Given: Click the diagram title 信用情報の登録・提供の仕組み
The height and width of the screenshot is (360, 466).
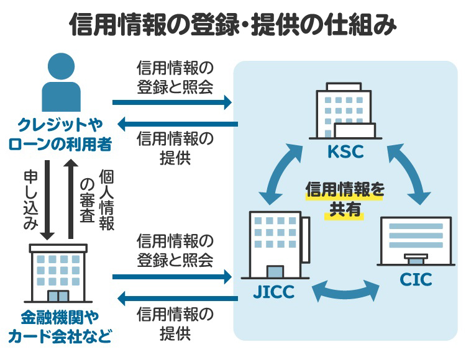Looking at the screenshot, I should (x=232, y=25).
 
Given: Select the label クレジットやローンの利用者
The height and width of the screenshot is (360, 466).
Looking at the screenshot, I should (x=60, y=133).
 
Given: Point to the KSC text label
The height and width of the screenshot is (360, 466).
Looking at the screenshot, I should (x=345, y=153).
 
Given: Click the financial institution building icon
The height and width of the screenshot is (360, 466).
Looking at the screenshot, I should (x=59, y=273).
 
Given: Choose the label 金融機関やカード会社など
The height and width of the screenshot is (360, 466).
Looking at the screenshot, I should (x=60, y=328).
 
